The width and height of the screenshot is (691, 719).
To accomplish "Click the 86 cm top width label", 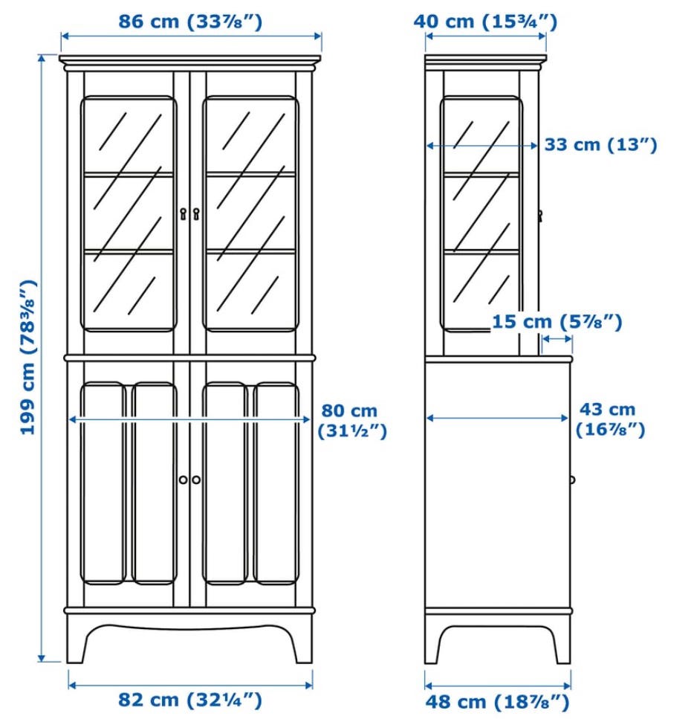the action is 190,22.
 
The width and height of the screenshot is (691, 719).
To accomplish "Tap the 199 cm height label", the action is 28,357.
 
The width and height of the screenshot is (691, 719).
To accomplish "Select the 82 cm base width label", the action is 190,700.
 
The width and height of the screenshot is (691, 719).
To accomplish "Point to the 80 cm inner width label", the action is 352,421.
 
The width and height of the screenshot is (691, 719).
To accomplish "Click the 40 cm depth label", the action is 485,22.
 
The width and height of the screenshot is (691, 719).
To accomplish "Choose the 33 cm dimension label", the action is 601,145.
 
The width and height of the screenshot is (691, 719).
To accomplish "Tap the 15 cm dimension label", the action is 557,322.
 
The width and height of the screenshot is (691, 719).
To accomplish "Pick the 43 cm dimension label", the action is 610,419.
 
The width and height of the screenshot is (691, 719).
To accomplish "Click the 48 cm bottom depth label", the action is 497,702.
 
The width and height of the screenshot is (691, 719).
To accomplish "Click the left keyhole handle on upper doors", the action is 184,213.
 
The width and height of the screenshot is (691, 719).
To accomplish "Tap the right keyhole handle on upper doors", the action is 196,213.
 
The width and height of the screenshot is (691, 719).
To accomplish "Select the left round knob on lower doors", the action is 184,480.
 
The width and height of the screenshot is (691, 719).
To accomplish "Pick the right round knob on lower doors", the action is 196,480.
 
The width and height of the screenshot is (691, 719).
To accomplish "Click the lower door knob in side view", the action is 572,480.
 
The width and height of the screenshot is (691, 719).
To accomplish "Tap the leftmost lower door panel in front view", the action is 103,483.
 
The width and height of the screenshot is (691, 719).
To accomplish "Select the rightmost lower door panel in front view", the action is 276,483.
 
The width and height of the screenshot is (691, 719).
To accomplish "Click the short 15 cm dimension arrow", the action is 557,339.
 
